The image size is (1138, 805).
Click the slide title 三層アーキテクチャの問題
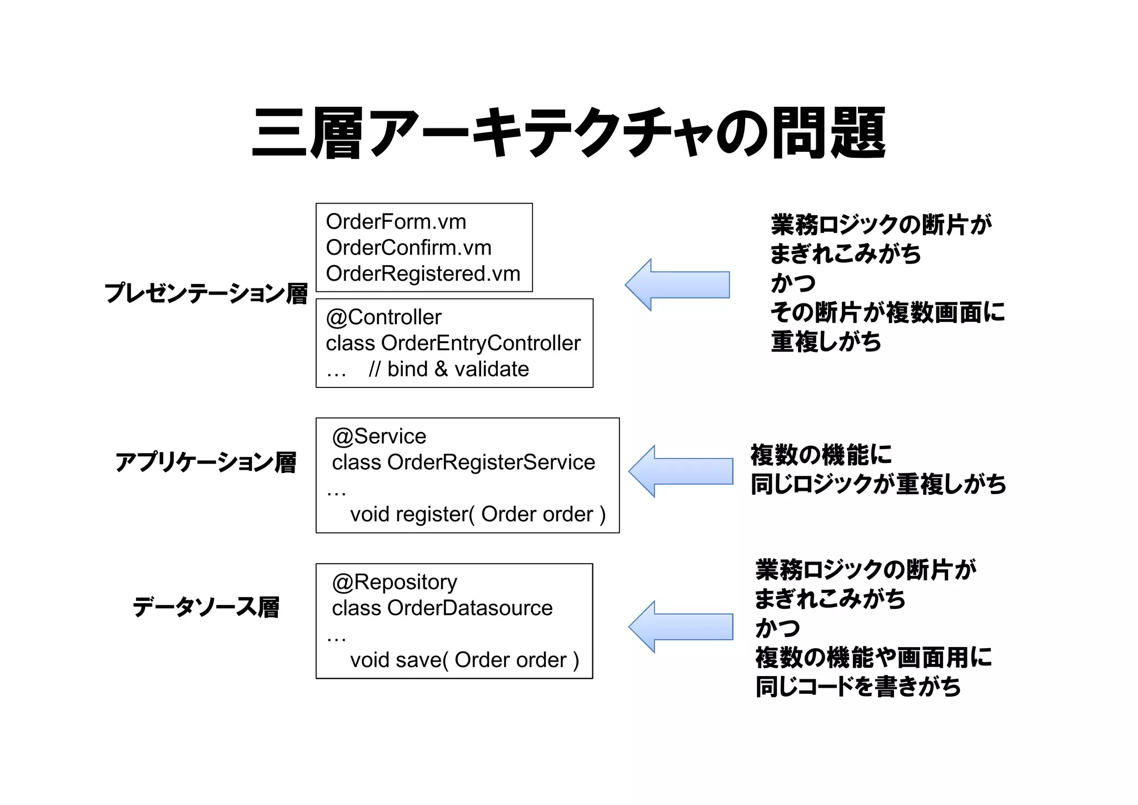pos(568,133)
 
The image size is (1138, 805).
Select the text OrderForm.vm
pos(396,222)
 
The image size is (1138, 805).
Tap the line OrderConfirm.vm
pos(408,248)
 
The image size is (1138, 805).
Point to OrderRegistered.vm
pos(423,274)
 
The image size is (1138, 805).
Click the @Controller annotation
pos(383,317)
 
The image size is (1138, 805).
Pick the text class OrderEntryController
pos(453,343)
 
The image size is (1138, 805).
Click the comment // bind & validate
pos(448,369)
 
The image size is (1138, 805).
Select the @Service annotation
pos(379,436)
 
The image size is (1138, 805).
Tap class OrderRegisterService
pos(463,463)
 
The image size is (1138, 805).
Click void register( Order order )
pos(477,514)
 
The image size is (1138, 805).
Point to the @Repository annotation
pos(395,582)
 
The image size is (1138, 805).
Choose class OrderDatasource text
pos(442,608)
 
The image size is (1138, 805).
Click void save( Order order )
pos(465,660)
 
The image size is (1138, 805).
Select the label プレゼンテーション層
pos(206,294)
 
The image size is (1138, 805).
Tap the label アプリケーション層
pos(206,463)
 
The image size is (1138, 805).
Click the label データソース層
pos(206,607)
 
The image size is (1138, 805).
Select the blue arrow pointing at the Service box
pos(681,471)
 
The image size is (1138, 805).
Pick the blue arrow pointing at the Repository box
pos(681,627)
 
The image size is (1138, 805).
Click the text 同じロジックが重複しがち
pos(878,484)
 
